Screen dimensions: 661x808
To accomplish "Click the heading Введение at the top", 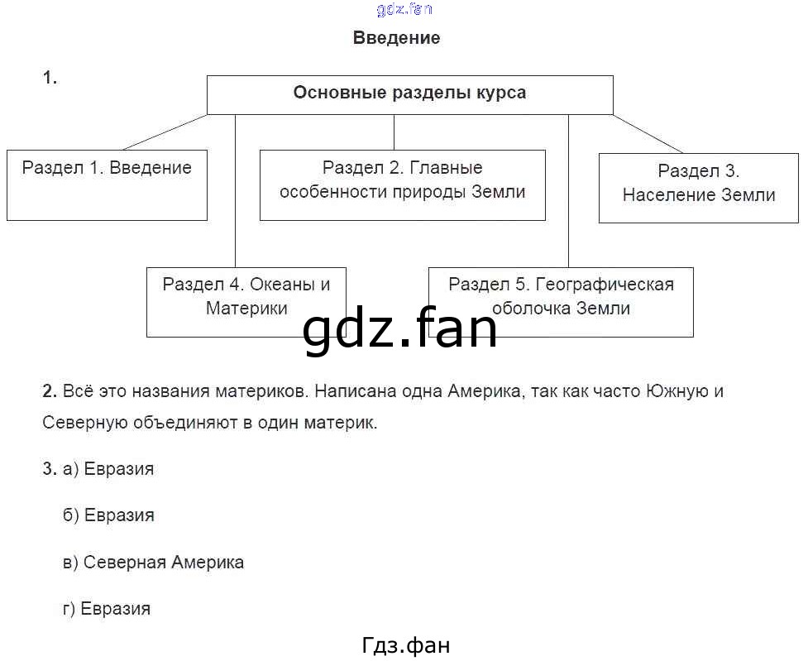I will [x=396, y=38].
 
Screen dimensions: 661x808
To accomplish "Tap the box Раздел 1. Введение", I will [x=107, y=184].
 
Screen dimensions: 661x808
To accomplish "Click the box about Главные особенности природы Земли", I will [x=402, y=184].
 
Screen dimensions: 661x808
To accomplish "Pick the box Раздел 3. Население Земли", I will [x=698, y=187].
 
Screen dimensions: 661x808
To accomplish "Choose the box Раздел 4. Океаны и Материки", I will [x=246, y=301].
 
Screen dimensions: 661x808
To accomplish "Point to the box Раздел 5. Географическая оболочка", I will [x=561, y=301].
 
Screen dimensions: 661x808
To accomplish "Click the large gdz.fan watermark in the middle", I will [x=399, y=329].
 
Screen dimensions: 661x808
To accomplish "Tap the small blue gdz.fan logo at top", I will [x=404, y=10].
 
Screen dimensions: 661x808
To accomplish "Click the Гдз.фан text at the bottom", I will [x=406, y=645].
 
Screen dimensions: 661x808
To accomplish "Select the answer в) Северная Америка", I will [x=153, y=563].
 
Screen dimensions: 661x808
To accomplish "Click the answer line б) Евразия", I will [x=108, y=515].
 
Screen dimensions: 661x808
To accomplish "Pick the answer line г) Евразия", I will [x=107, y=609].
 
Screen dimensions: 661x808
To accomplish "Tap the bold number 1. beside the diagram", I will [x=50, y=78].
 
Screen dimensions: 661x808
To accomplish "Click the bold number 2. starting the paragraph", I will [x=49, y=391].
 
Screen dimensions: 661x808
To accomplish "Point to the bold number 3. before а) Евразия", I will [x=49, y=469].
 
